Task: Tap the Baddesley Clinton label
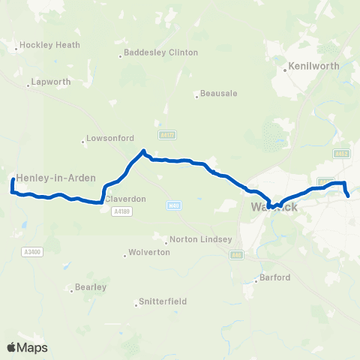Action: tap(162, 52)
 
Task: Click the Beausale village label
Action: tap(220, 94)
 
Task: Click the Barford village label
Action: tap(274, 277)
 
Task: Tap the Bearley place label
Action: tap(91, 286)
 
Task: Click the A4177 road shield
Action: tap(167, 135)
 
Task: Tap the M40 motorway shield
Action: tap(175, 205)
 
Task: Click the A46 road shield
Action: tap(237, 255)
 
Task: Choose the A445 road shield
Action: tap(343, 154)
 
